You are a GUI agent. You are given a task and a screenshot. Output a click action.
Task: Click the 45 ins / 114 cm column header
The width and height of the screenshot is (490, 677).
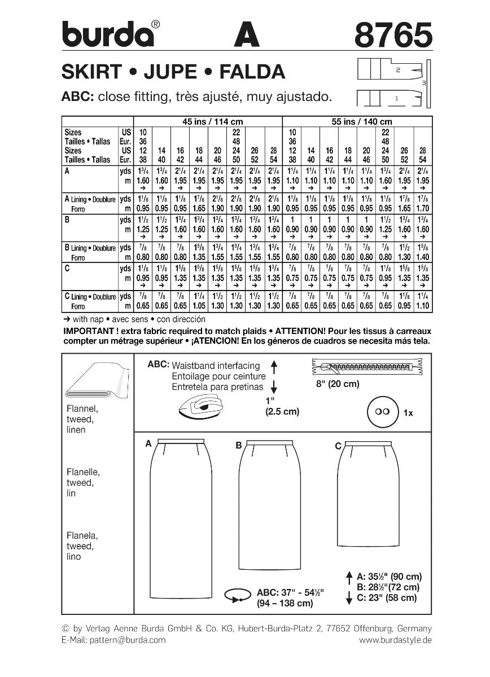pyautogui.click(x=207, y=122)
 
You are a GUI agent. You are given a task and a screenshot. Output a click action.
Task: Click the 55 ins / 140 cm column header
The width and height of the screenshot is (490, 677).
pyautogui.click(x=357, y=122)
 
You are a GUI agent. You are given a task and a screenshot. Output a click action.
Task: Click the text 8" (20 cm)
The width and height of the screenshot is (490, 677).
pyautogui.click(x=338, y=384)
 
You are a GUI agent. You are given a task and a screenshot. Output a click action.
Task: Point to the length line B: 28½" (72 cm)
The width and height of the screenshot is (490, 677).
pyautogui.click(x=388, y=587)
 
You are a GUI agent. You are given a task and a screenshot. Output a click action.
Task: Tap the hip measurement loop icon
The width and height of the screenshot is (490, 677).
pyautogui.click(x=238, y=595)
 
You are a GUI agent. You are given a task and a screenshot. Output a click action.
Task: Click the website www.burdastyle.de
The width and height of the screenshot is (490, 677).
pyautogui.click(x=395, y=640)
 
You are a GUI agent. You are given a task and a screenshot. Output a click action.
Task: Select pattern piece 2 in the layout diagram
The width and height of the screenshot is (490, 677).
pyautogui.click(x=397, y=71)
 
